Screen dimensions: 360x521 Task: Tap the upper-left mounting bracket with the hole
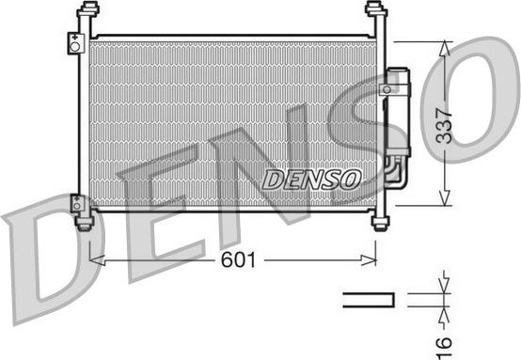pyautogui.click(x=74, y=43)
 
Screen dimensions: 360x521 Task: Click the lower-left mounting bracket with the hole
pyautogui.click(x=76, y=201)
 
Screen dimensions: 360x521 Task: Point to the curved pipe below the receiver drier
pyautogui.click(x=393, y=174)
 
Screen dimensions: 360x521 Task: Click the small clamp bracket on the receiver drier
pyautogui.click(x=386, y=88)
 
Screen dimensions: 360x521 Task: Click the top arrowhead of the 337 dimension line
pyautogui.click(x=443, y=45)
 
